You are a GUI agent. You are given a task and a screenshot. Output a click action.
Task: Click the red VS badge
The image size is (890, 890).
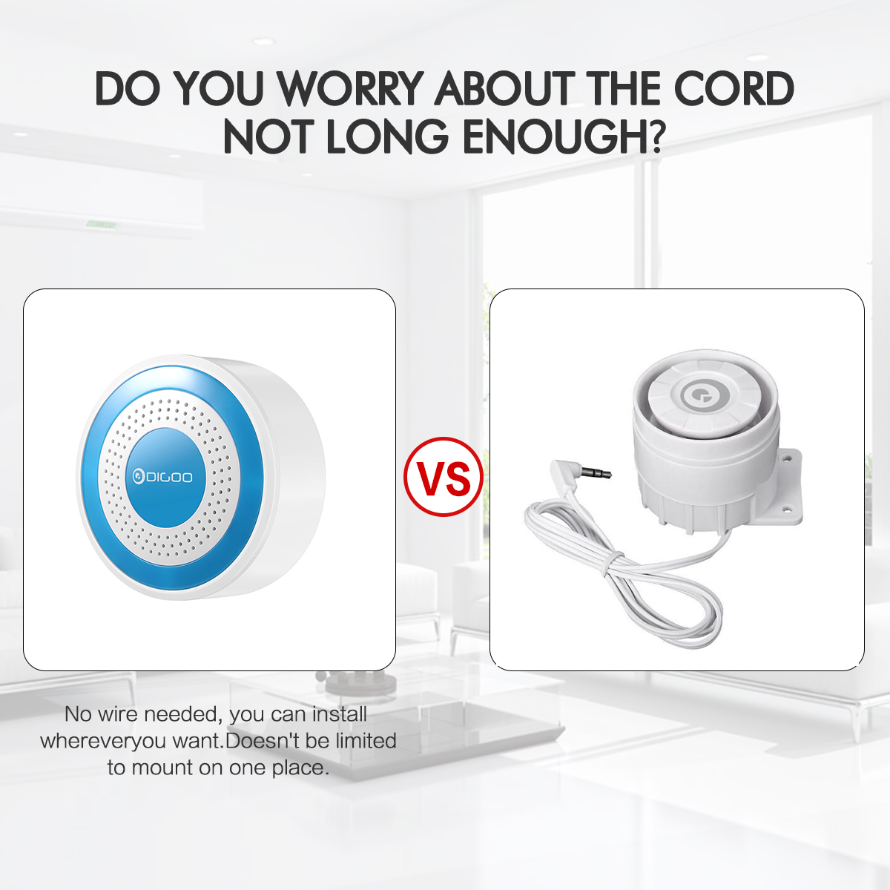444,476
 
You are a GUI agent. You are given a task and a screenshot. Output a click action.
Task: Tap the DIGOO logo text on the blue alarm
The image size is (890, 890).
162,477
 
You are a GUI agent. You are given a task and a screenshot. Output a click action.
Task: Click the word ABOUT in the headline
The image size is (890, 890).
504,88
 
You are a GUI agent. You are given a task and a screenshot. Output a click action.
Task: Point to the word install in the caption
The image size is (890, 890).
340,714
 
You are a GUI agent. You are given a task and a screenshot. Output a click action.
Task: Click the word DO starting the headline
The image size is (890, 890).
128,88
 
